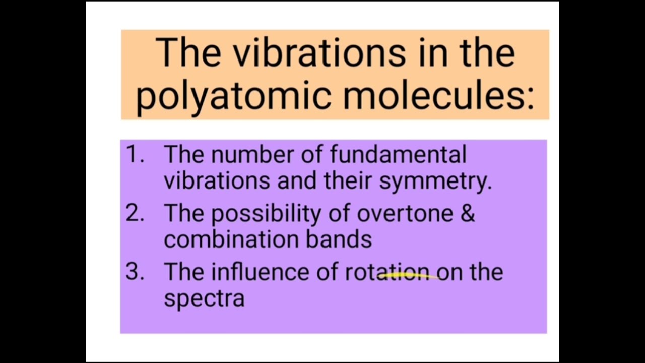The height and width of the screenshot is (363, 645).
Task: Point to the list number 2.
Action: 134,214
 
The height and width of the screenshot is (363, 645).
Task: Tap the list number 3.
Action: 134,272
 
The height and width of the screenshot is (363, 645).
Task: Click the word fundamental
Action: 398,154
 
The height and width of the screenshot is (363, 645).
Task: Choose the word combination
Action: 231,239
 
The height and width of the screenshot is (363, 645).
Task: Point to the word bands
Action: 339,239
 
